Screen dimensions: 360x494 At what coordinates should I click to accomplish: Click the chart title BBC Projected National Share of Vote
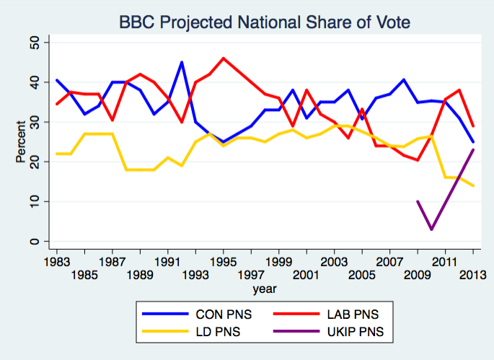[265, 22]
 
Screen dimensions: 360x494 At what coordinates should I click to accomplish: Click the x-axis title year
[263, 289]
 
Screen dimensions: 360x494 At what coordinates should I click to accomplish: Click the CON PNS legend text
[224, 315]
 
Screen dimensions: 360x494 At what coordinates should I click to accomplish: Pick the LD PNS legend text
[219, 333]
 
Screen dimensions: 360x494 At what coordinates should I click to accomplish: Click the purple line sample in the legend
[298, 333]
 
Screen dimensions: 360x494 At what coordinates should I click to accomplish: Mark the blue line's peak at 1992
[182, 63]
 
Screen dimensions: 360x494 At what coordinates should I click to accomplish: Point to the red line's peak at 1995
[224, 58]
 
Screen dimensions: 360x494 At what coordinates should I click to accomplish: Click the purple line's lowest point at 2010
[431, 229]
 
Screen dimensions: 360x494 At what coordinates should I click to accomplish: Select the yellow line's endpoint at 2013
[472, 185]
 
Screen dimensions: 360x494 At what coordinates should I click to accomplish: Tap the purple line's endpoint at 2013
[472, 150]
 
